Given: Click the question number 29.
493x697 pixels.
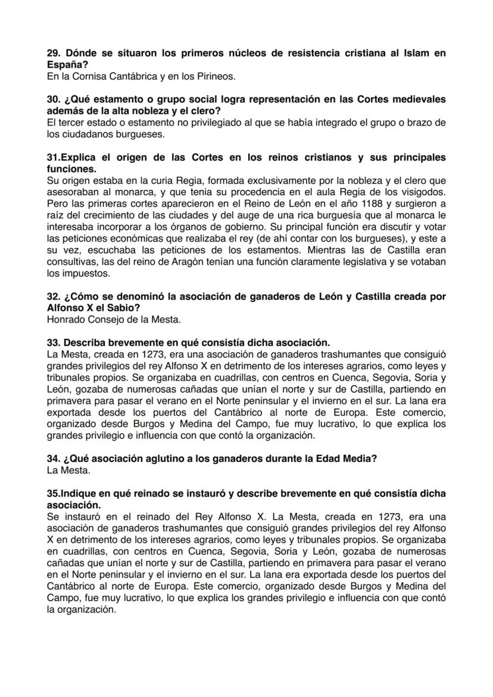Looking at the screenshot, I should [x=54, y=53].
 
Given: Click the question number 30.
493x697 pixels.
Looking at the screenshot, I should [x=54, y=99].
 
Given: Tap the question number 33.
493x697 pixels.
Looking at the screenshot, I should [x=54, y=342].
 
